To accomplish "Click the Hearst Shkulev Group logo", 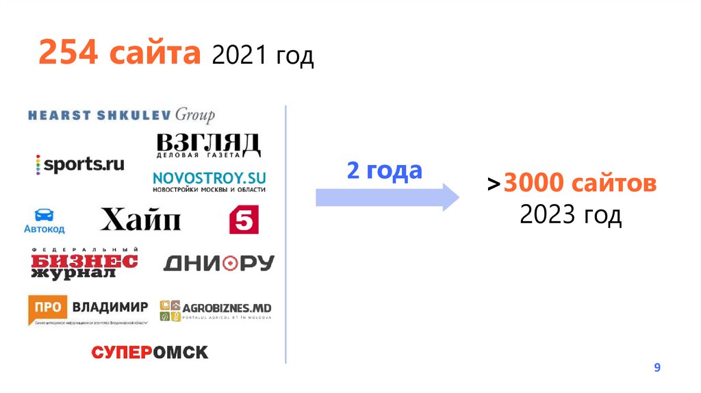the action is pyautogui.click(x=121, y=115).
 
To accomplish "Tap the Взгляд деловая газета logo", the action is pyautogui.click(x=208, y=145).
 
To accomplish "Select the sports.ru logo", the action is pyautogui.click(x=80, y=164).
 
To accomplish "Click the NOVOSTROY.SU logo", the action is pyautogui.click(x=209, y=181).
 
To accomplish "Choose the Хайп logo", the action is pyautogui.click(x=140, y=220).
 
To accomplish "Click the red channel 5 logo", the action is pyautogui.click(x=243, y=220).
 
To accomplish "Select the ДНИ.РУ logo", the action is pyautogui.click(x=218, y=264).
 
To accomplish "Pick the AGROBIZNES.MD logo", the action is pyautogui.click(x=215, y=310).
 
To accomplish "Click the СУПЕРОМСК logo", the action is pyautogui.click(x=149, y=353).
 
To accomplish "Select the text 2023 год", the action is pyautogui.click(x=570, y=216).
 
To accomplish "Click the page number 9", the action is pyautogui.click(x=657, y=368).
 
